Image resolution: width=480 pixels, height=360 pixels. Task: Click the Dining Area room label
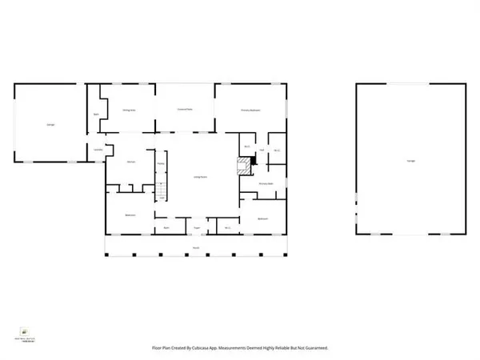[x=127, y=110]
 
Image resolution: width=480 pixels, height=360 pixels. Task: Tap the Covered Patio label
[x=185, y=110]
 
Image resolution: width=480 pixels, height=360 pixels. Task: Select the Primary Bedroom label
[x=251, y=110]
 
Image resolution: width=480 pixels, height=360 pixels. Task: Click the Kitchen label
[x=131, y=162]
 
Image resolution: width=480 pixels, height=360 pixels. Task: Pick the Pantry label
[x=161, y=165]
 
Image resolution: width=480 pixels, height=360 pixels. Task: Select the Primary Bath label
[x=266, y=184]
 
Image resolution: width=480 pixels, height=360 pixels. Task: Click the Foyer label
[x=194, y=228]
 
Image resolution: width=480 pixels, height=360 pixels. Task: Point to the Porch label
[x=194, y=248]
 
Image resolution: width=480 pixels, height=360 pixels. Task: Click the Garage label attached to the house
[x=50, y=124]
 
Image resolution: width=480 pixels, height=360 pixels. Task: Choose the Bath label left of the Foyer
[x=168, y=228]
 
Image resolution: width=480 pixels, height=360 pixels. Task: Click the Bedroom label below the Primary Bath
[x=262, y=218]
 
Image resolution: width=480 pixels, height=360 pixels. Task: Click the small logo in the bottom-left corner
[x=25, y=330]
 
